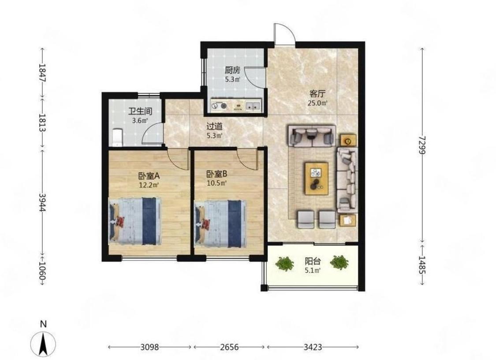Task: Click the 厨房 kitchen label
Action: pyautogui.click(x=232, y=70)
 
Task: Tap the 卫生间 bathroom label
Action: pyautogui.click(x=140, y=111)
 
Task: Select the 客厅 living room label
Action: pyautogui.click(x=317, y=94)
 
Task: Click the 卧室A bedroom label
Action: pyautogui.click(x=149, y=175)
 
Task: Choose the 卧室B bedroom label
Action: pyautogui.click(x=216, y=174)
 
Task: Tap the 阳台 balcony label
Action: pyautogui.click(x=313, y=261)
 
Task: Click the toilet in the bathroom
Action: pyautogui.click(x=117, y=137)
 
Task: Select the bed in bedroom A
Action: pyautogui.click(x=135, y=221)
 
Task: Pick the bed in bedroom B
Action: pyautogui.click(x=220, y=223)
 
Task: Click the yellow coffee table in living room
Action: pyautogui.click(x=316, y=178)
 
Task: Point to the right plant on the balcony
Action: pyautogui.click(x=339, y=262)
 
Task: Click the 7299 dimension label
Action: pyautogui.click(x=422, y=145)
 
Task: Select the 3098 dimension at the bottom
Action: pyautogui.click(x=149, y=347)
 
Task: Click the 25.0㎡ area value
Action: pyautogui.click(x=317, y=103)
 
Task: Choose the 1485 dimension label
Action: pyautogui.click(x=422, y=264)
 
